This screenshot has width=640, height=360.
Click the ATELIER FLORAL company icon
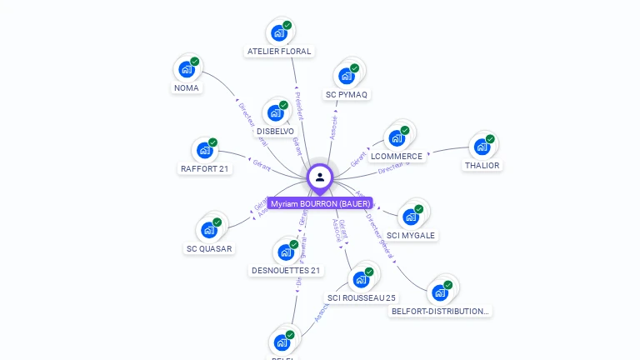pyautogui.click(x=279, y=33)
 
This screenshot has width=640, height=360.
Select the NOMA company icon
pyautogui.click(x=187, y=69)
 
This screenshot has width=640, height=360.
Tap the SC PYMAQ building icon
pyautogui.click(x=347, y=76)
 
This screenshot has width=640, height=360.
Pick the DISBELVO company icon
pyautogui.click(x=276, y=113)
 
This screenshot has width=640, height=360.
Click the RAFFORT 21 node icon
pyautogui.click(x=205, y=151)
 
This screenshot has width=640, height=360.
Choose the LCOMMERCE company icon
pyautogui.click(x=397, y=138)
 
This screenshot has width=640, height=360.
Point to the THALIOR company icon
pyautogui.click(x=482, y=147)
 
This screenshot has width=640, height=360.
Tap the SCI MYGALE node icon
pyautogui.click(x=411, y=217)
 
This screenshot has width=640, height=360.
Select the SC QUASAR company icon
pyautogui.click(x=209, y=230)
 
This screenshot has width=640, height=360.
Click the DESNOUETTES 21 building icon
pyautogui.click(x=286, y=252)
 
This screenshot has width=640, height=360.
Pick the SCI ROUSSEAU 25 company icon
pyautogui.click(x=362, y=279)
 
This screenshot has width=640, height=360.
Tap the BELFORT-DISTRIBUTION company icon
pyautogui.click(x=439, y=292)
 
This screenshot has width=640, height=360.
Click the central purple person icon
pyautogui.click(x=320, y=177)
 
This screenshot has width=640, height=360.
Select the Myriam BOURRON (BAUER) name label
pyautogui.click(x=320, y=203)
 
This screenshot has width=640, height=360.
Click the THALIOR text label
pyautogui.click(x=482, y=166)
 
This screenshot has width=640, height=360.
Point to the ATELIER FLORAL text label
pyautogui.click(x=279, y=52)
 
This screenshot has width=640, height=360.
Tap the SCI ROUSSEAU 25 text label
pyautogui.click(x=362, y=298)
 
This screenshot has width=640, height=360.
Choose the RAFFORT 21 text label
pyautogui.click(x=205, y=169)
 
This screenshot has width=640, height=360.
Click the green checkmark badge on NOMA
pyautogui.click(x=195, y=61)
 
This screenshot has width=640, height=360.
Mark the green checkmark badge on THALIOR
pyautogui.click(x=490, y=139)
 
